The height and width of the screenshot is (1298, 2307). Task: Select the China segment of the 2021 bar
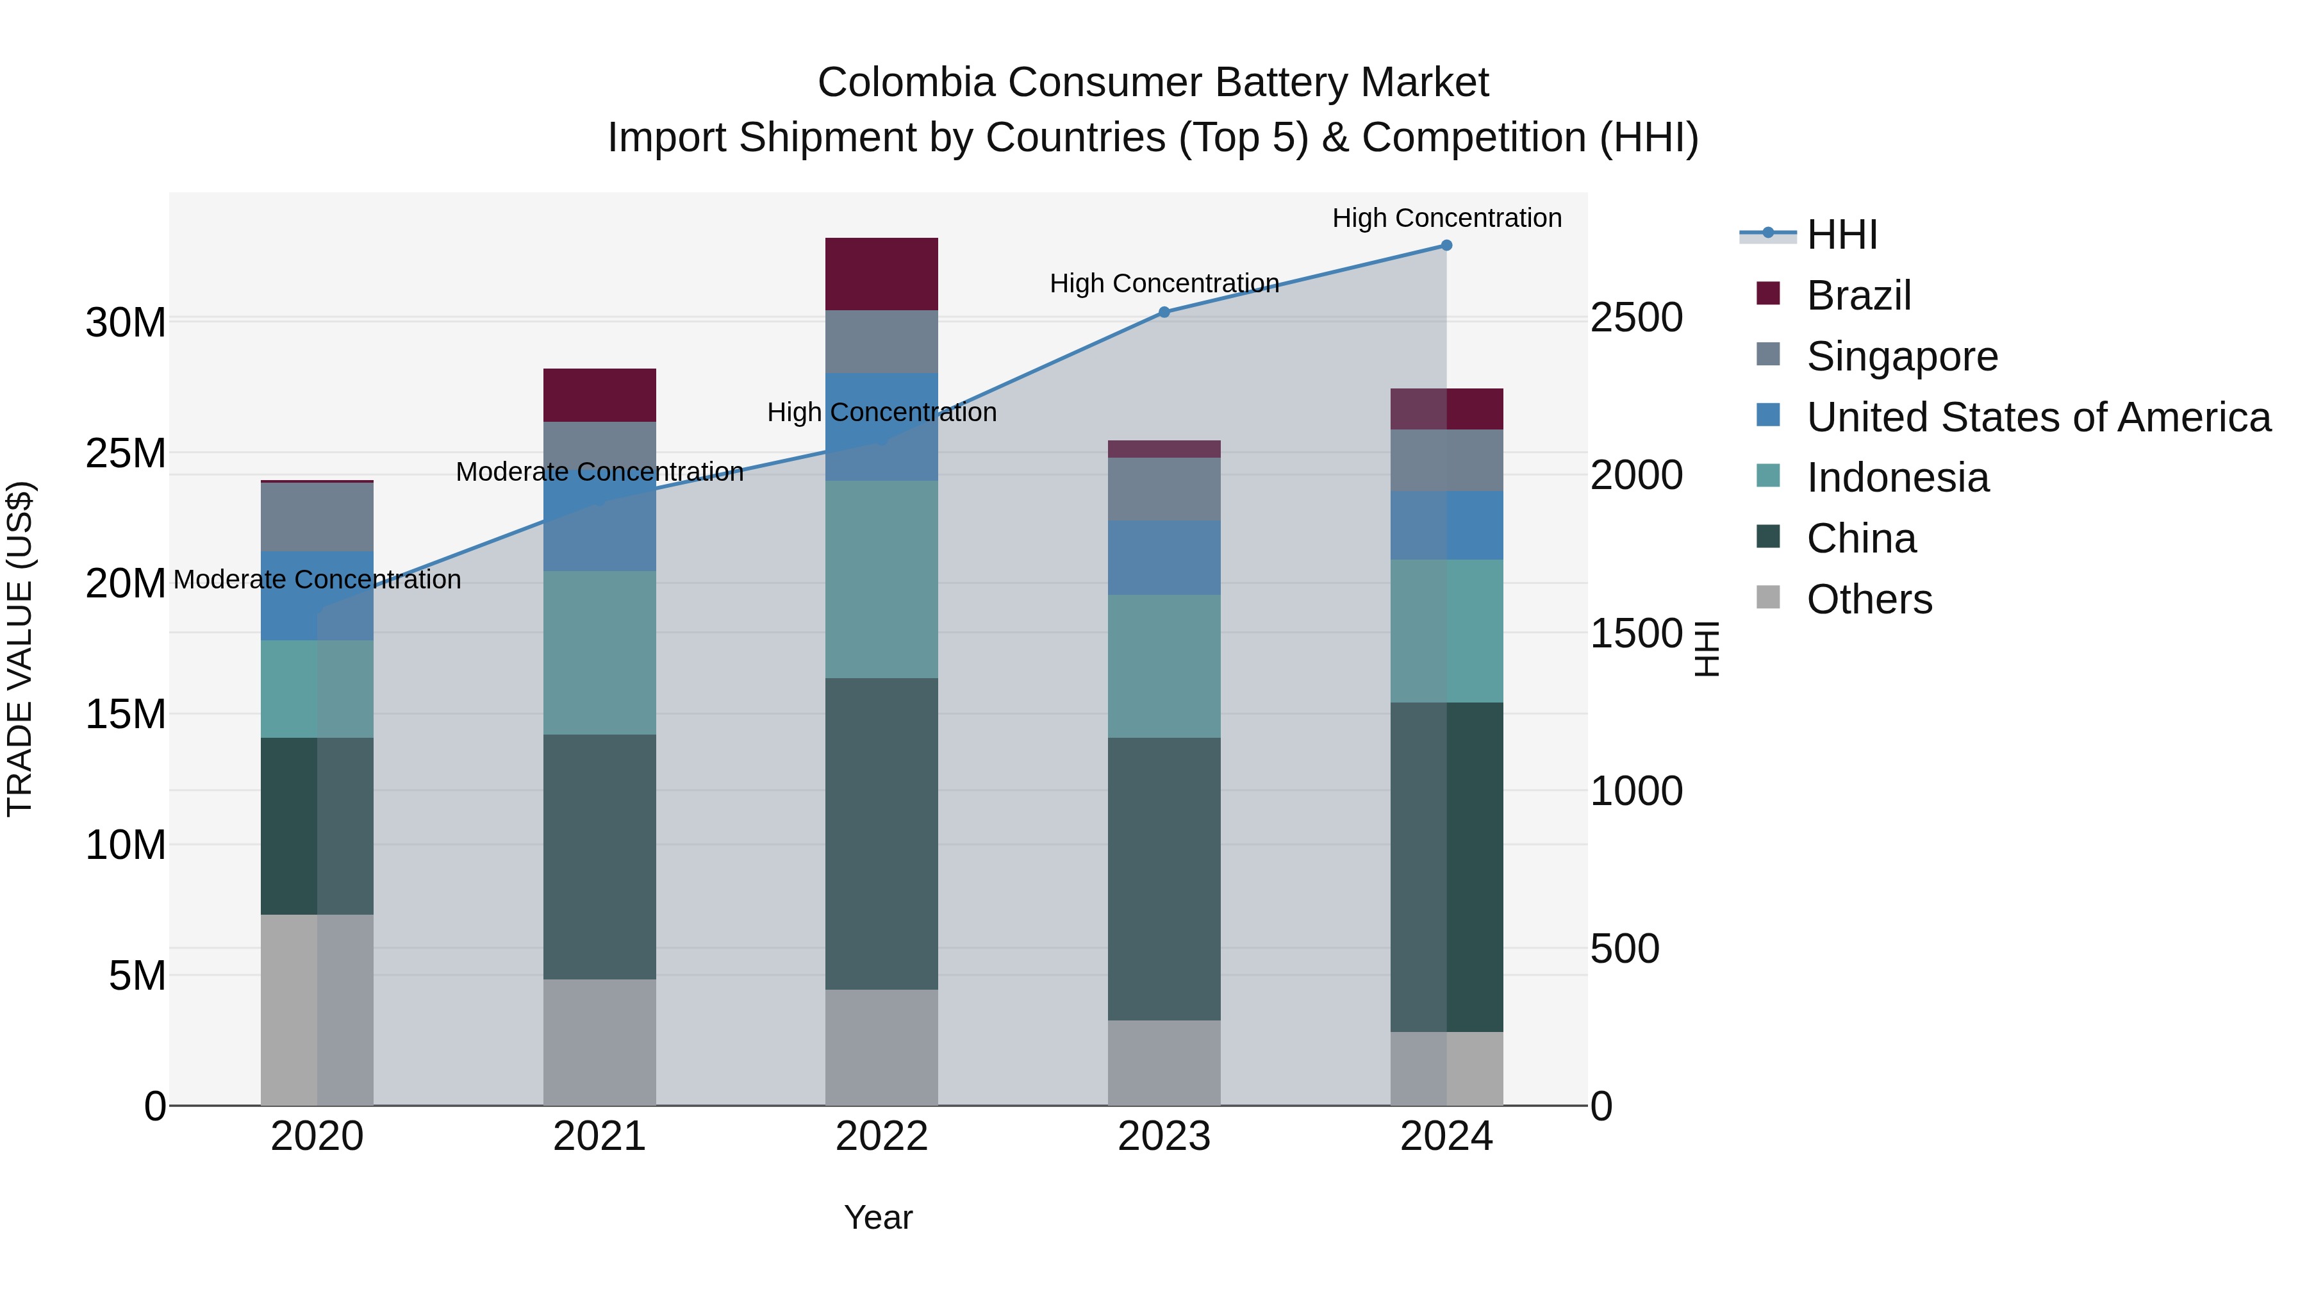coord(599,856)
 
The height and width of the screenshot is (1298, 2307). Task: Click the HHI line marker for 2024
coord(1446,245)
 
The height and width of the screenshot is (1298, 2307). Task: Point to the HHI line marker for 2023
coord(1164,312)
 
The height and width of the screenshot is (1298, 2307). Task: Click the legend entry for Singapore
coord(1901,356)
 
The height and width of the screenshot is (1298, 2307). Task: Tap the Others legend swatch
coord(1768,597)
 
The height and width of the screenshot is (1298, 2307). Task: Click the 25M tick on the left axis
coord(126,453)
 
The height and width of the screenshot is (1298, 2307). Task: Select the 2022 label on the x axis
coord(881,1136)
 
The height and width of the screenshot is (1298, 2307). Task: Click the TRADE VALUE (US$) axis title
coord(20,649)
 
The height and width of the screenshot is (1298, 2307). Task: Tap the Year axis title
coord(878,1217)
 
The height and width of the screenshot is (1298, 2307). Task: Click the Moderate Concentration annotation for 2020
coord(317,579)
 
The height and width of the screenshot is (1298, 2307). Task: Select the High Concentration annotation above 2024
coord(1446,218)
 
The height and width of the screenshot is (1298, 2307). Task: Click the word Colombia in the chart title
coord(905,83)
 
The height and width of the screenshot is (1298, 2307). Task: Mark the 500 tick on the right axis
coord(1625,949)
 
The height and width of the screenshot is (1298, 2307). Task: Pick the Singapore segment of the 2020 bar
coord(317,517)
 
